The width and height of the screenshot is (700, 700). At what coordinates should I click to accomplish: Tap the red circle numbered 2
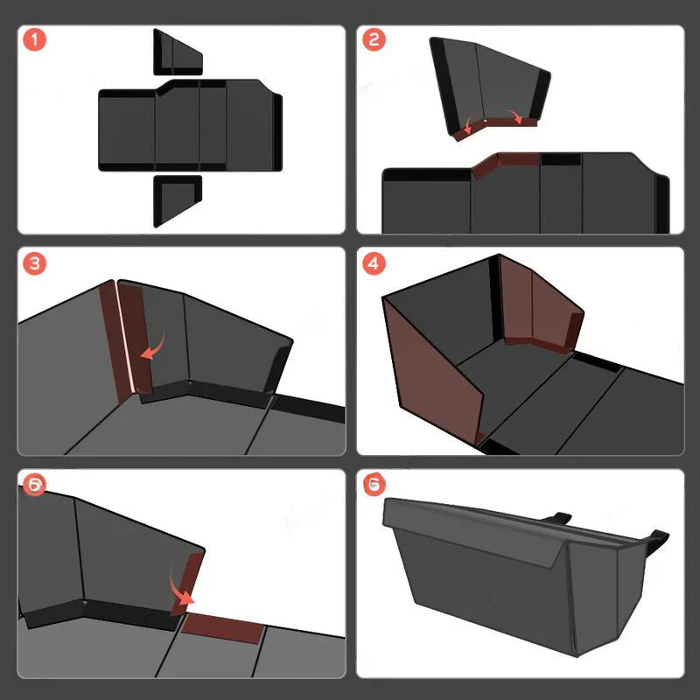tap(374, 40)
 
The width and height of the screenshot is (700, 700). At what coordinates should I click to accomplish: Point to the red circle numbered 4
tap(374, 262)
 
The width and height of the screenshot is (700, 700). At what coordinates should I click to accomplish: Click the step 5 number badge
tap(33, 484)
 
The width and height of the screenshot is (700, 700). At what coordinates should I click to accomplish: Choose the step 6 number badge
tap(374, 484)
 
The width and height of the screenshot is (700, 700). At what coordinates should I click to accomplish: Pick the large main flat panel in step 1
tap(188, 127)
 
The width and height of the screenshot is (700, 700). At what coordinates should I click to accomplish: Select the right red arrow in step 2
tap(522, 117)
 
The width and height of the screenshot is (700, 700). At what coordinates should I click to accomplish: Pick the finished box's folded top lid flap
tap(472, 525)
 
